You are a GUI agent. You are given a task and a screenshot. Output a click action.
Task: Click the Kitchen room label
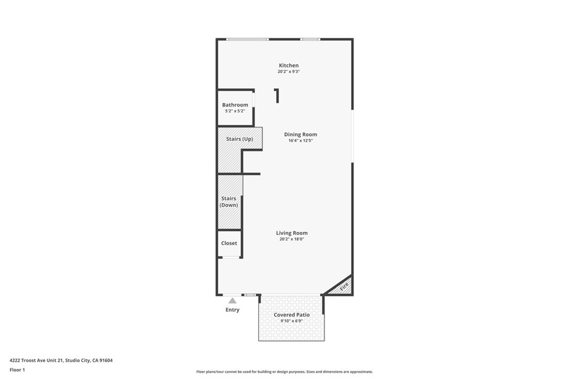(x=288, y=65)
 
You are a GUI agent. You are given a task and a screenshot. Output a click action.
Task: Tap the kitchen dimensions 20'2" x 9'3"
(x=288, y=72)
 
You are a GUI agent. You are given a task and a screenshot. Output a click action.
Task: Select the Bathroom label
(x=235, y=105)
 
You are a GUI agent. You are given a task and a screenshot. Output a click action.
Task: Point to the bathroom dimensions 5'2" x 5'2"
(x=235, y=111)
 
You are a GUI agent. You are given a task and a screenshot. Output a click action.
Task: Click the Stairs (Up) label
(x=239, y=139)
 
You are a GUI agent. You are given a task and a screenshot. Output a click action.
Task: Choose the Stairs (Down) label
(x=229, y=201)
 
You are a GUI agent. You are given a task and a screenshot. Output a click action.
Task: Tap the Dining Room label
(x=301, y=134)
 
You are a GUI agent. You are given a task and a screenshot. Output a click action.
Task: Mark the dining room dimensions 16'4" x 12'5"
(x=301, y=141)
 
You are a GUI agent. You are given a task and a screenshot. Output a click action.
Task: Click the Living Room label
(x=292, y=233)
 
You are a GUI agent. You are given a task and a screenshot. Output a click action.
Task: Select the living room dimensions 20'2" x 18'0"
(x=292, y=239)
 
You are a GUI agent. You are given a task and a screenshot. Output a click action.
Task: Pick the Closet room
(x=229, y=243)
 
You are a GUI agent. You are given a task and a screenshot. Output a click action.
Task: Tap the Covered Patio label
(x=292, y=315)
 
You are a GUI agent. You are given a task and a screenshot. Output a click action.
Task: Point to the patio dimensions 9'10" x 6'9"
(x=292, y=321)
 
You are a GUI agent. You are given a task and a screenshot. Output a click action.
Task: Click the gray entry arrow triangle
(x=232, y=301)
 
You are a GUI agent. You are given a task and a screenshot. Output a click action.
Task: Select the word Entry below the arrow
(x=232, y=310)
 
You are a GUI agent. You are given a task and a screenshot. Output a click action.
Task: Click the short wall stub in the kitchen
(x=277, y=96)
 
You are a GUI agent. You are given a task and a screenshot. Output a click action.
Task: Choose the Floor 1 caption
(x=17, y=370)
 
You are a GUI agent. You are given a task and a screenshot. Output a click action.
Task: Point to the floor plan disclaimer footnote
(x=284, y=372)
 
